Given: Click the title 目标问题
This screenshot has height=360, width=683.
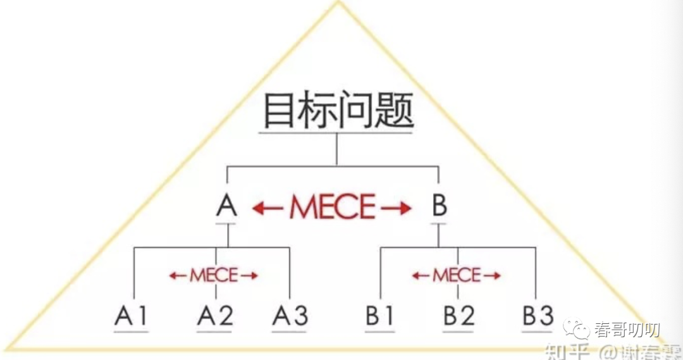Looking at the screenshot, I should [337, 112].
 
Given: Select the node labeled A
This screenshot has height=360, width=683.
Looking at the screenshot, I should [226, 206].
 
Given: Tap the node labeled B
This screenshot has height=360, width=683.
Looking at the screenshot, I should [439, 206].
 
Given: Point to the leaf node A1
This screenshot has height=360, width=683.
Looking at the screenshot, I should [131, 316].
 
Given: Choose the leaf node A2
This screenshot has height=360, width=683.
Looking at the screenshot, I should [215, 316].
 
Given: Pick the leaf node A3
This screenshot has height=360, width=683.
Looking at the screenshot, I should [290, 316].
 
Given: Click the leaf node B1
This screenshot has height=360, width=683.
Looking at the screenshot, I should [380, 316].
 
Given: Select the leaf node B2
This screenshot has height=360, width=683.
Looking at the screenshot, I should [458, 316].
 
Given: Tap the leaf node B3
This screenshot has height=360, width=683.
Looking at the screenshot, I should [538, 316].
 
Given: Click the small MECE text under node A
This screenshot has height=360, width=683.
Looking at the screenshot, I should [214, 275].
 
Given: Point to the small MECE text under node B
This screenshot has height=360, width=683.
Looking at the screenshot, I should [457, 275].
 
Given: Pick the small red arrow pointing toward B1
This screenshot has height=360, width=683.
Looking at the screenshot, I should [421, 275].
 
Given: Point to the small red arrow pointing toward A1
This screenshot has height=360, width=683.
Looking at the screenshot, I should [178, 275].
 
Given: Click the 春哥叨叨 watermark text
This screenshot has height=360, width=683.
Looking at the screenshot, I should [627, 330].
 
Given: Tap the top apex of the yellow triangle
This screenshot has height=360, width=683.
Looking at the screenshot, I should [338, 2].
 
